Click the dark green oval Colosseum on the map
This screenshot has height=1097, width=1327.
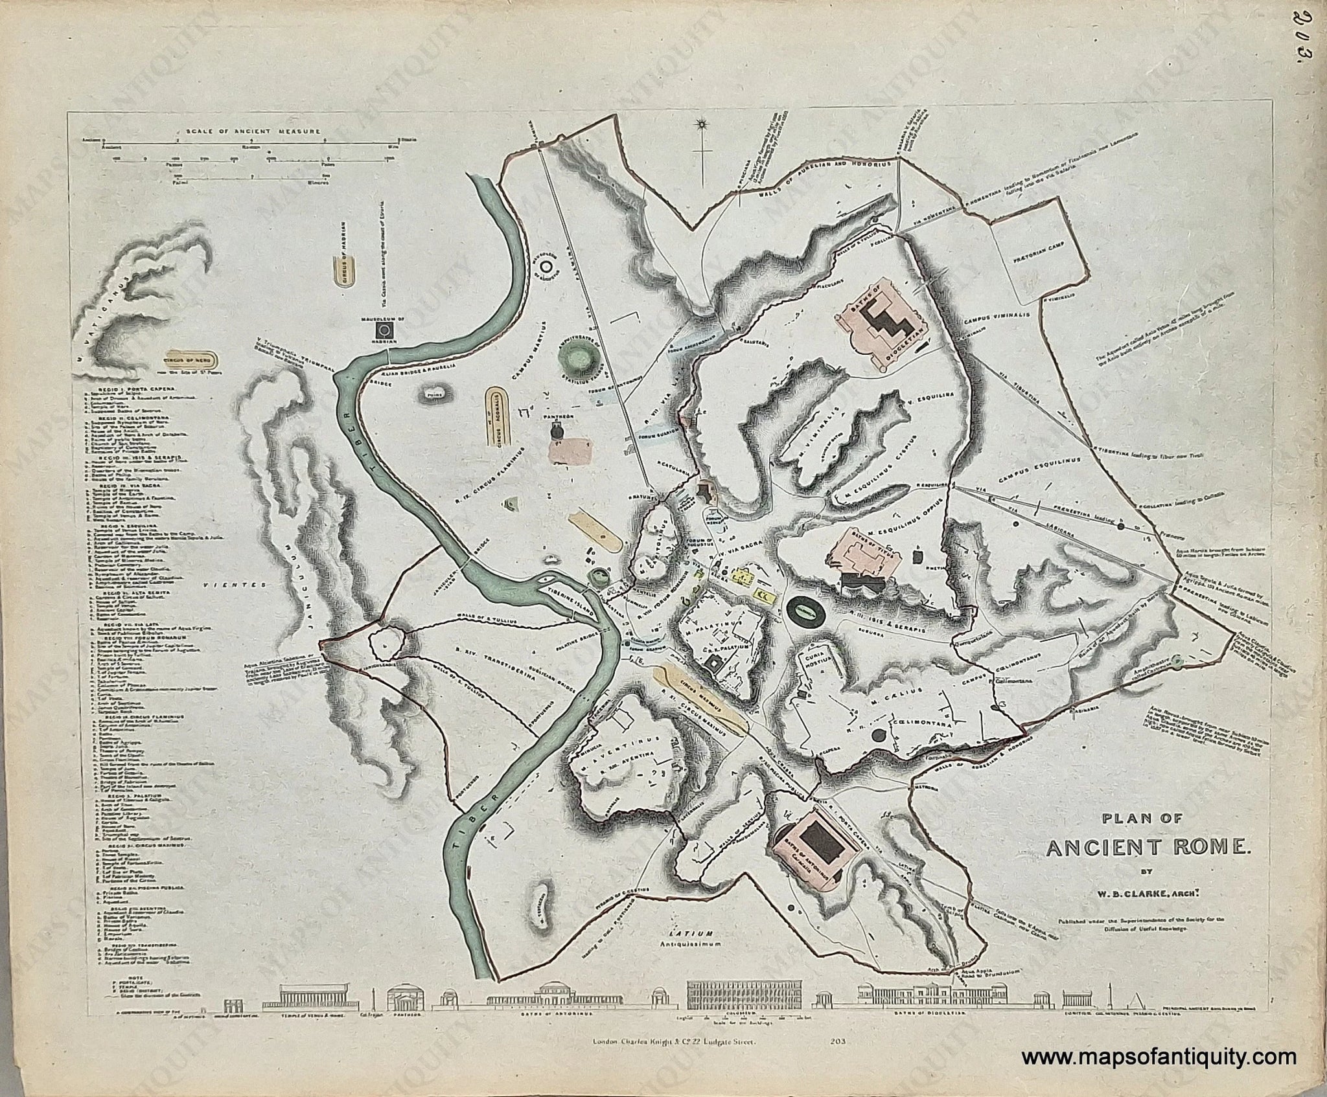(x=806, y=611)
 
